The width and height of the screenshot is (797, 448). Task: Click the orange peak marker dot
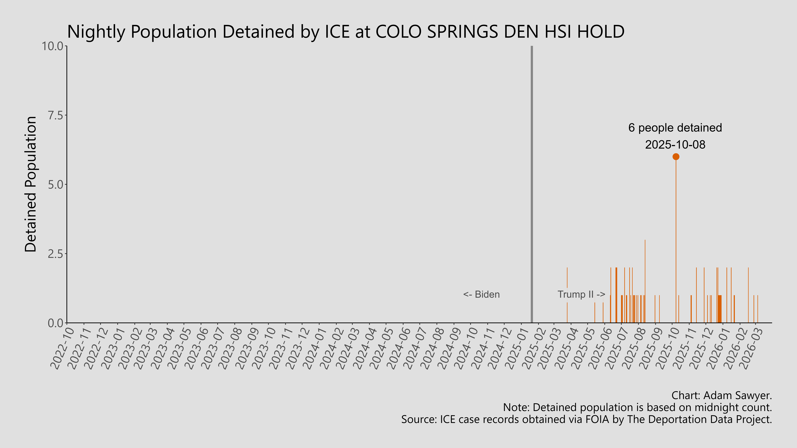676,157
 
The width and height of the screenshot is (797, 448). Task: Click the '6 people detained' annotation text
675,128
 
